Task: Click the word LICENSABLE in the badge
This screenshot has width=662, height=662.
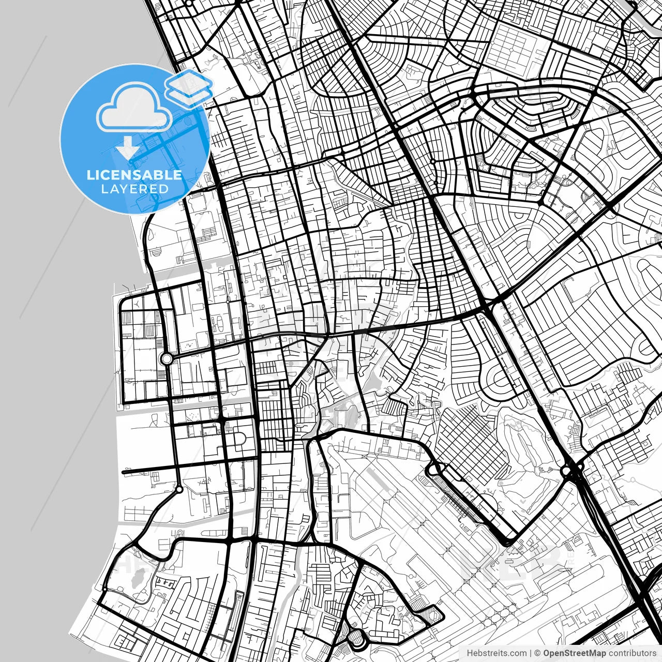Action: (x=134, y=175)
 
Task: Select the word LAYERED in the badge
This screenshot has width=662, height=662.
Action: (x=134, y=189)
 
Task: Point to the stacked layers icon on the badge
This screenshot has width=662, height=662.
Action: (x=189, y=86)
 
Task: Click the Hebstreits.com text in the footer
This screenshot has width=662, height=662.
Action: (x=496, y=653)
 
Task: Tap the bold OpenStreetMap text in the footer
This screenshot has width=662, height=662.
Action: (x=574, y=653)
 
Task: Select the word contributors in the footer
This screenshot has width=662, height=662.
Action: (x=632, y=653)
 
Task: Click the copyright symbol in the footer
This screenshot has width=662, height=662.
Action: (x=537, y=653)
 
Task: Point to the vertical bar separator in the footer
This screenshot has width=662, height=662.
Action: (x=531, y=653)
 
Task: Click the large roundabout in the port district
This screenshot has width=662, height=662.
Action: (x=166, y=358)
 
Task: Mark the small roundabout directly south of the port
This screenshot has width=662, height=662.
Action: (x=179, y=489)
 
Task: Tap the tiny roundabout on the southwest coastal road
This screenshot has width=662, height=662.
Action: (x=105, y=589)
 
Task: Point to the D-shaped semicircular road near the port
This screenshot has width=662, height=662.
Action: (x=241, y=439)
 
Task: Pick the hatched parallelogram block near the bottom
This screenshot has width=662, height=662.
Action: (x=430, y=615)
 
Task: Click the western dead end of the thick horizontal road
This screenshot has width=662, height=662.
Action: (x=123, y=472)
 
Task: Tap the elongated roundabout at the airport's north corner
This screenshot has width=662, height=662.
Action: (x=432, y=470)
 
